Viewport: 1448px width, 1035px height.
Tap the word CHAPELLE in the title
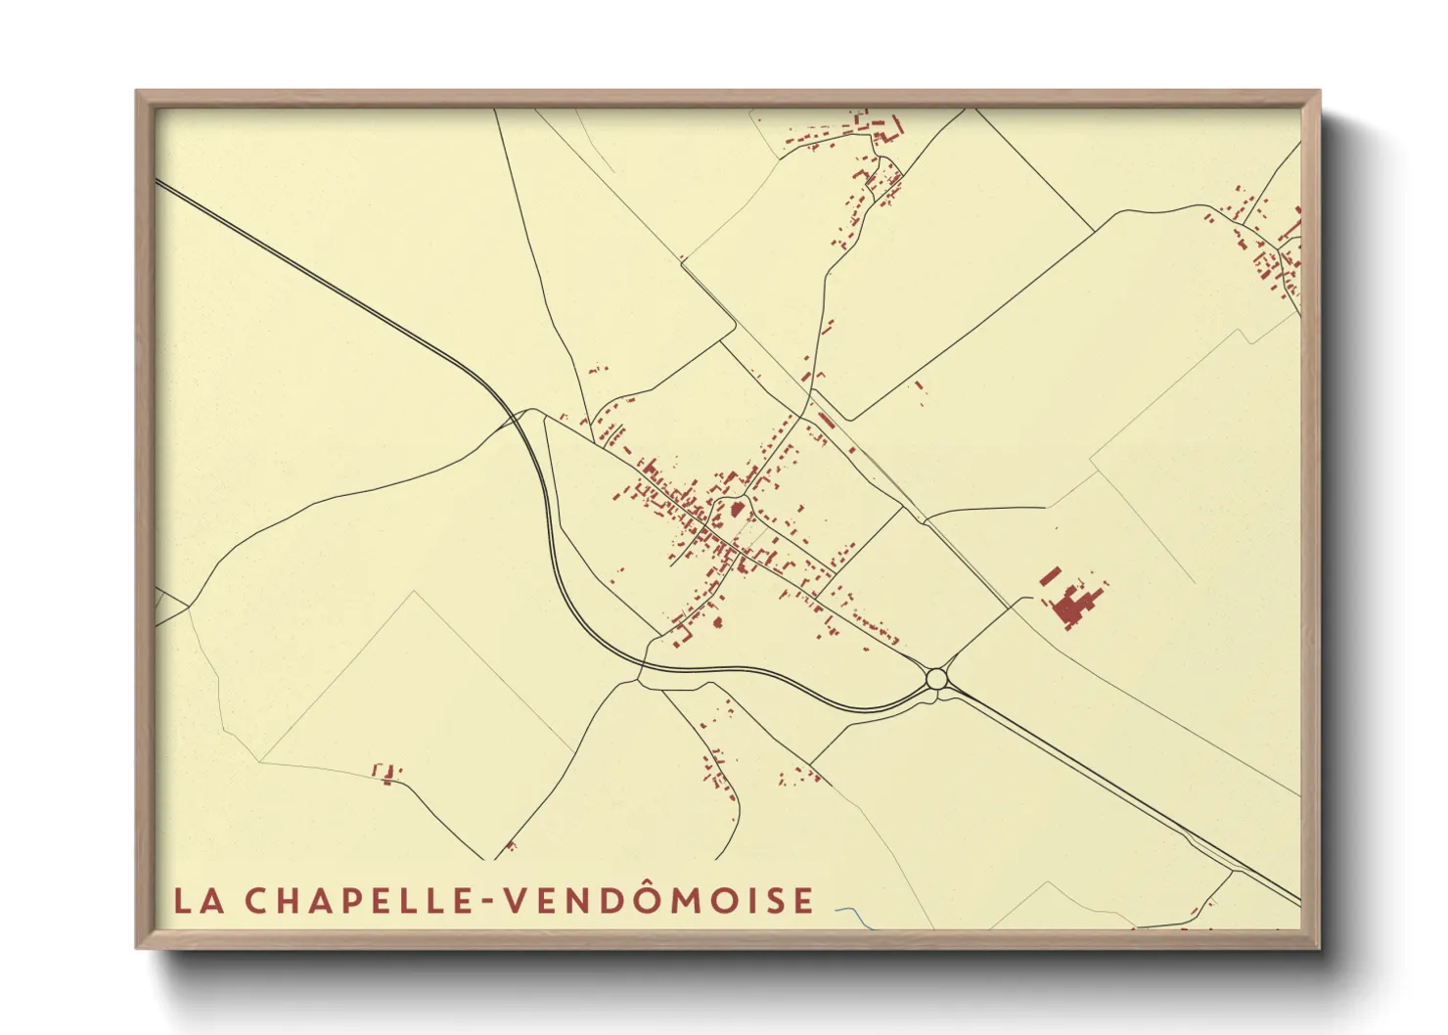click(x=360, y=901)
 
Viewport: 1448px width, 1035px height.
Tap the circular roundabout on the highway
click(x=936, y=678)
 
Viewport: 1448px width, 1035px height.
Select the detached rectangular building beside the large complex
click(x=1050, y=575)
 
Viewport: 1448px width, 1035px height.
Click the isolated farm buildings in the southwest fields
click(x=387, y=774)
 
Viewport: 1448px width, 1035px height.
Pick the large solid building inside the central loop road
click(x=737, y=510)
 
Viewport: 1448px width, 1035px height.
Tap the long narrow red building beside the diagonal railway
click(x=825, y=421)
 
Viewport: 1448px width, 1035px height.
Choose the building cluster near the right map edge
click(x=1267, y=245)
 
